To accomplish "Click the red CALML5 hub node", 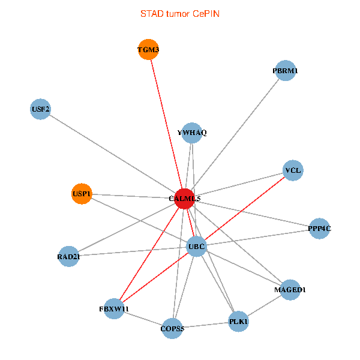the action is (184, 198).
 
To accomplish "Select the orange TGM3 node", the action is (148, 50).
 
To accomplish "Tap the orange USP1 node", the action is (82, 194).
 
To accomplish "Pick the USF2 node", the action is (40, 109).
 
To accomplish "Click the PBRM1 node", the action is (285, 71).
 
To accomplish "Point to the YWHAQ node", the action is (191, 133).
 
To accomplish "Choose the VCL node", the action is (293, 170).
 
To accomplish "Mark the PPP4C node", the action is (319, 229).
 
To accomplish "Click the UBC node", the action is (196, 246).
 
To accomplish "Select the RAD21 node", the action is (69, 257).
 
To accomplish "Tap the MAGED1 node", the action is (290, 290).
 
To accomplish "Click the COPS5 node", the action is (172, 328).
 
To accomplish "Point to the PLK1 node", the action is (238, 322).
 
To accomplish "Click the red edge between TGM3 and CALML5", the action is (166, 124).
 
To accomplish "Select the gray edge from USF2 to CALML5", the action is (112, 154).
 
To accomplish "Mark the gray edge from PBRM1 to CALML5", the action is (235, 134).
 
